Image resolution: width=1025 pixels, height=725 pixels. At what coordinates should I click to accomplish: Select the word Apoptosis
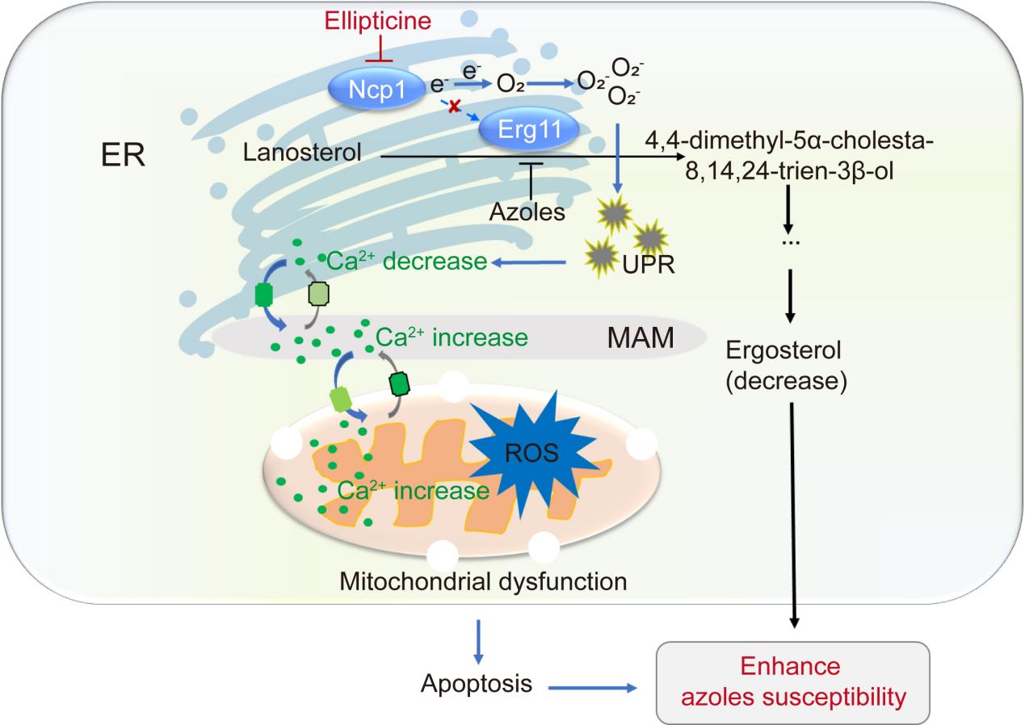pos(477,685)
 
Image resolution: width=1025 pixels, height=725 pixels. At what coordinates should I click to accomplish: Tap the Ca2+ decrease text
pos(405,262)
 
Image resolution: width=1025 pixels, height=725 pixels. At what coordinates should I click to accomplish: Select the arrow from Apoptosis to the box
pos(593,688)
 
